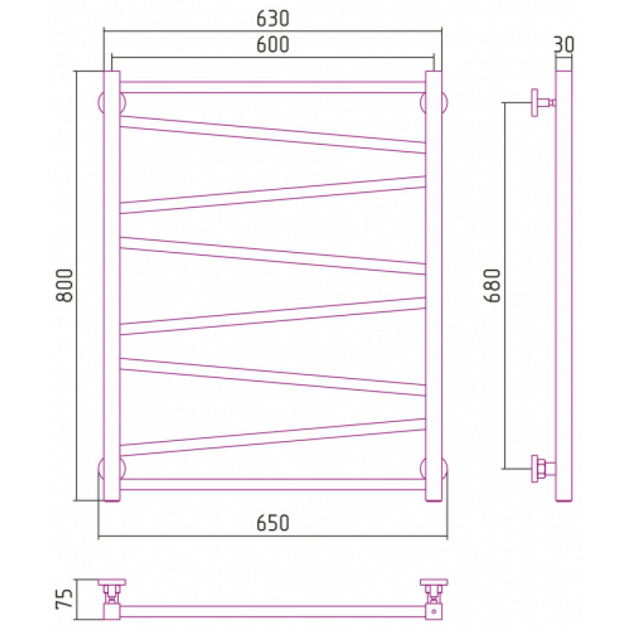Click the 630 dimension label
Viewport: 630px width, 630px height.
click(272, 18)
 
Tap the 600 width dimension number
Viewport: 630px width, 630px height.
click(272, 45)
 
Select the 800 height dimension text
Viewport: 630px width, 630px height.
click(65, 285)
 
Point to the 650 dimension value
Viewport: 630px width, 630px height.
click(272, 523)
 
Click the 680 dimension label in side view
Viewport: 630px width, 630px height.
click(492, 285)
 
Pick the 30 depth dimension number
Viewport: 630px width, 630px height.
click(564, 45)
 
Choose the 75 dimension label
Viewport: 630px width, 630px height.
click(65, 599)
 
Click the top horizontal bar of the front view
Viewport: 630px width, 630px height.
click(272, 87)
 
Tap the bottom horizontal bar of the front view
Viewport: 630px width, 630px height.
click(272, 484)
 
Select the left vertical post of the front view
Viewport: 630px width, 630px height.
click(112, 286)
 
